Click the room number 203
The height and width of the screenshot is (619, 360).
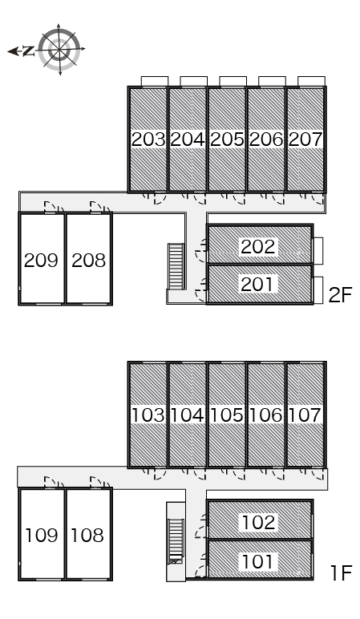pyautogui.click(x=148, y=140)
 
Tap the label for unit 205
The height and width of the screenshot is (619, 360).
pyautogui.click(x=227, y=140)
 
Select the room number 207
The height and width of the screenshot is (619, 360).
pyautogui.click(x=305, y=140)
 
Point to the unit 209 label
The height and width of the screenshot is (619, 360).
pyautogui.click(x=41, y=260)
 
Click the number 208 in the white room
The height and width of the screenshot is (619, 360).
pyautogui.click(x=89, y=260)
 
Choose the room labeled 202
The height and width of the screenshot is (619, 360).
pyautogui.click(x=257, y=247)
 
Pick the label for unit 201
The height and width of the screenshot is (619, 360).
pyautogui.click(x=257, y=285)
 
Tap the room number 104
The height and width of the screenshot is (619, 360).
pyautogui.click(x=188, y=415)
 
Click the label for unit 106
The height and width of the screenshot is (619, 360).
pyautogui.click(x=266, y=415)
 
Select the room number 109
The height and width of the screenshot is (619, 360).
pyautogui.click(x=42, y=536)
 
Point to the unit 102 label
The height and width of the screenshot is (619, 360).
pyautogui.click(x=258, y=522)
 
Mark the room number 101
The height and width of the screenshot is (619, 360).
pyautogui.click(x=257, y=561)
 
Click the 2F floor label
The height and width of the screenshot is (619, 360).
pyautogui.click(x=340, y=295)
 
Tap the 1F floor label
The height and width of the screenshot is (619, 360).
pyautogui.click(x=341, y=573)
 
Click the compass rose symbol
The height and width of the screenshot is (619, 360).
pyautogui.click(x=59, y=50)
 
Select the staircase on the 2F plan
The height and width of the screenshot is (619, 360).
pyautogui.click(x=176, y=266)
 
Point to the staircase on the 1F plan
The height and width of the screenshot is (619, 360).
pyautogui.click(x=176, y=542)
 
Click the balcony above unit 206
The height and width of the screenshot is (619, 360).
pyautogui.click(x=272, y=81)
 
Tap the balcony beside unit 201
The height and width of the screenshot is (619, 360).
pyautogui.click(x=318, y=290)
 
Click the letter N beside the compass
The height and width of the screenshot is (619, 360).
pyautogui.click(x=28, y=51)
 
